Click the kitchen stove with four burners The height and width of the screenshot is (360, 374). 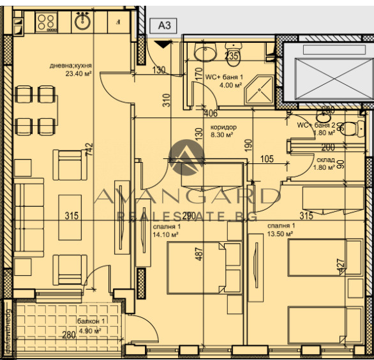[45, 23]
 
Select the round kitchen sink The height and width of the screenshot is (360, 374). [82, 22]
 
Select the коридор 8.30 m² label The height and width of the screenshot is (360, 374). [223, 131]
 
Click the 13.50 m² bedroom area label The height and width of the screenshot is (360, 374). [280, 234]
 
